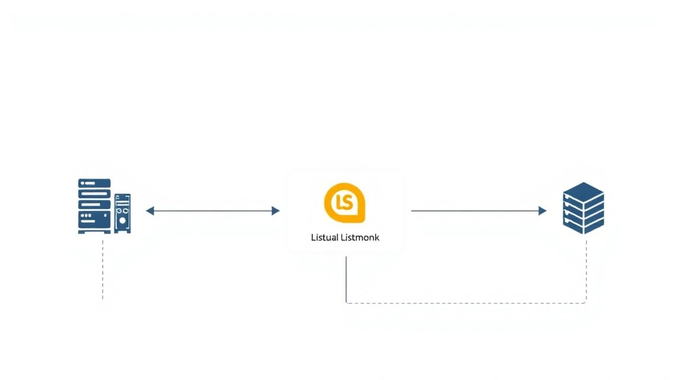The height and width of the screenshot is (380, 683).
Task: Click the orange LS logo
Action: pyautogui.click(x=344, y=203)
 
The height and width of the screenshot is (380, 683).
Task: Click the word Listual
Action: pyautogui.click(x=324, y=237)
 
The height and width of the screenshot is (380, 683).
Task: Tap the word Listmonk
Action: pyautogui.click(x=360, y=237)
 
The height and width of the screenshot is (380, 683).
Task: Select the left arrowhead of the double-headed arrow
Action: pyautogui.click(x=150, y=211)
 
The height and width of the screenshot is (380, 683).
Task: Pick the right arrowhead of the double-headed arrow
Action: pyautogui.click(x=275, y=211)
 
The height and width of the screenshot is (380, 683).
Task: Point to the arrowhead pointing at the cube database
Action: pyautogui.click(x=542, y=211)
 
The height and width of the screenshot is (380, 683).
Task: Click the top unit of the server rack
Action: pyautogui.click(x=94, y=183)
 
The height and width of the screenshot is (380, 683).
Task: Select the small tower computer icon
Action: pyautogui.click(x=122, y=213)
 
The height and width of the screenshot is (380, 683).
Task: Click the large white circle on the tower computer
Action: pyautogui.click(x=123, y=221)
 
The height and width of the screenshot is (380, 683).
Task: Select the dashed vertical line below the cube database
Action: pyautogui.click(x=586, y=271)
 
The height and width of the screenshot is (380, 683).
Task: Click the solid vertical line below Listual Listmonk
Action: pyautogui.click(x=346, y=279)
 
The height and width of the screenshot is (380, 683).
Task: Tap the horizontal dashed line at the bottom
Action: pyautogui.click(x=466, y=303)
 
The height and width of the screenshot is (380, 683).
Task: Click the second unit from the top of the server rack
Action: pyautogui.click(x=94, y=194)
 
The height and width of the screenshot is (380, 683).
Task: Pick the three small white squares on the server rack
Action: pyautogui.click(x=86, y=216)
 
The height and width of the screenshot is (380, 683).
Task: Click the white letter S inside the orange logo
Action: pyautogui.click(x=347, y=202)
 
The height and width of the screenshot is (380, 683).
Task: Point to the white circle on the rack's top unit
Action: pyautogui.click(x=82, y=183)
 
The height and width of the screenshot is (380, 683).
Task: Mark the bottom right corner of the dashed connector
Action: pyautogui.click(x=586, y=303)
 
